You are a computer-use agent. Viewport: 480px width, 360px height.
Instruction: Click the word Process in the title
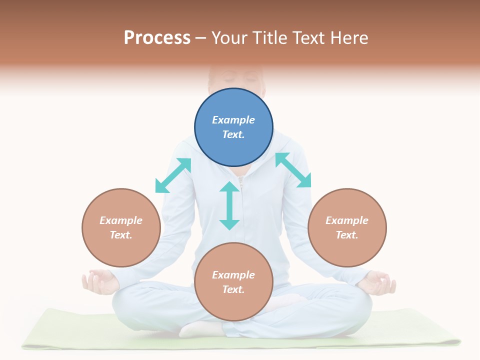157,38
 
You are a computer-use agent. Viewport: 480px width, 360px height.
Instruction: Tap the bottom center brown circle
233,305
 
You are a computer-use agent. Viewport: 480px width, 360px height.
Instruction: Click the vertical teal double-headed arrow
229,205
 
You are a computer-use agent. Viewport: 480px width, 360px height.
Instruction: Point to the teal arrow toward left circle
173,175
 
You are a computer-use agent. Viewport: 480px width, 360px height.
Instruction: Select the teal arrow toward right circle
293,170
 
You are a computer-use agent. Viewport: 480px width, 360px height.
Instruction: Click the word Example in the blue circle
233,120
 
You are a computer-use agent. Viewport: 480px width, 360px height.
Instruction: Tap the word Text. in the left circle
121,235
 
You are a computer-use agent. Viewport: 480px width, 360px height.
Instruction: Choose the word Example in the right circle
347,220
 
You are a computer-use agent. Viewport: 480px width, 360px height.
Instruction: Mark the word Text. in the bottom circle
233,289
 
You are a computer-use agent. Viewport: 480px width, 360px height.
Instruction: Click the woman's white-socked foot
200,329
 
